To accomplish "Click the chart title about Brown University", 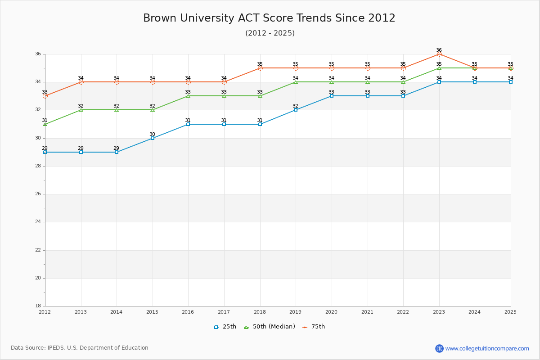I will [x=269, y=18].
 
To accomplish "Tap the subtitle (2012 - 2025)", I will [x=270, y=33].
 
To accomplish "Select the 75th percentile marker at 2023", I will [x=439, y=54].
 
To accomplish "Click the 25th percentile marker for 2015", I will [x=153, y=138].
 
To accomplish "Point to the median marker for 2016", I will [x=188, y=96].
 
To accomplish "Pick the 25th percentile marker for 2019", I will [x=296, y=110].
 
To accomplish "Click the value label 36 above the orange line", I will [x=439, y=50].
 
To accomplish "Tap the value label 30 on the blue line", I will [x=152, y=134].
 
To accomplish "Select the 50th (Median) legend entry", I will [x=270, y=327].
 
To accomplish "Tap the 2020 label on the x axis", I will [x=331, y=312].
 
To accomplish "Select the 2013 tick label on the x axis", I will [x=81, y=312].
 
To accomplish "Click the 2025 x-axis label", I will [x=510, y=312].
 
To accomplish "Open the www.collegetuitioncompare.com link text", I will [x=487, y=348].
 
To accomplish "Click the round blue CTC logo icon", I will [x=439, y=348].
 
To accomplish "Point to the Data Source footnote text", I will [x=80, y=348].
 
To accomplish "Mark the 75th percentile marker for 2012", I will [x=45, y=96].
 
